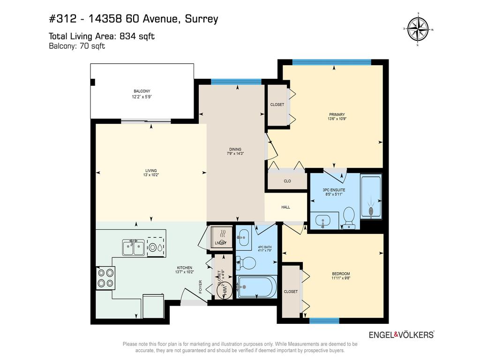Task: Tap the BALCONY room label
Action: pyautogui.click(x=142, y=91)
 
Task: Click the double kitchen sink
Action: pyautogui.click(x=133, y=247)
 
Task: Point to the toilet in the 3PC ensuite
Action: pyautogui.click(x=349, y=217)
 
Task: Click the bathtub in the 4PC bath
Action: pyautogui.click(x=256, y=286)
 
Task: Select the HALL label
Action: pyautogui.click(x=285, y=207)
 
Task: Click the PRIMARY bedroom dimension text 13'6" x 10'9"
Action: pyautogui.click(x=337, y=119)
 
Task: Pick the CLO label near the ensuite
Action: pyautogui.click(x=287, y=180)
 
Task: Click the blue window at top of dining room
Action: pyautogui.click(x=236, y=82)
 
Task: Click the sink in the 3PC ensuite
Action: pyautogui.click(x=323, y=220)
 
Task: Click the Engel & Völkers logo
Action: pyautogui.click(x=401, y=335)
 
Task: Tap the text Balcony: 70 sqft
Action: pyautogui.click(x=77, y=46)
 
